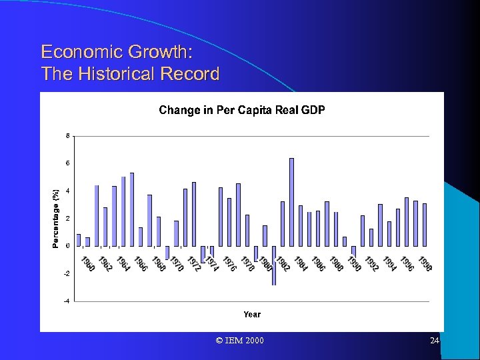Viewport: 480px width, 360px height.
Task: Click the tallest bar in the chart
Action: [x=291, y=201]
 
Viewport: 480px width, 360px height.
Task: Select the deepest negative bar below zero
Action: [x=273, y=265]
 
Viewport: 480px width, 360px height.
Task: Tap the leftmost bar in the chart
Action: [x=79, y=239]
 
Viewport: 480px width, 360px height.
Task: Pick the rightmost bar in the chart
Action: [x=425, y=224]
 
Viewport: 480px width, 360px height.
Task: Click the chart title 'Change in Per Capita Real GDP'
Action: [x=241, y=110]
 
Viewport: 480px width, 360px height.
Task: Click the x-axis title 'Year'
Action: [x=252, y=314]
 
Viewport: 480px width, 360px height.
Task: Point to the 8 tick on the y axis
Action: [x=67, y=136]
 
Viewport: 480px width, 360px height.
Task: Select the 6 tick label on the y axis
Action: [x=67, y=163]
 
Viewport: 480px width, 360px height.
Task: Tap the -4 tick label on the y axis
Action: [x=65, y=301]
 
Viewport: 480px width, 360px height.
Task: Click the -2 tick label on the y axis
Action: [x=65, y=273]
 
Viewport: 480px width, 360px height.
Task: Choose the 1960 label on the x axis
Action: [x=87, y=263]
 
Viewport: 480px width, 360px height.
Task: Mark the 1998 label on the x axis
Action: [x=425, y=263]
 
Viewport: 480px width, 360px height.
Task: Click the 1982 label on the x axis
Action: [x=283, y=263]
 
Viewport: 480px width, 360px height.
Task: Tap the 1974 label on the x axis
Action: [x=212, y=263]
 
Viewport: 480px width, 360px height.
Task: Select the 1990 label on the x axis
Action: [x=354, y=263]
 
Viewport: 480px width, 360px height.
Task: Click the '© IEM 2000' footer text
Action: [x=240, y=341]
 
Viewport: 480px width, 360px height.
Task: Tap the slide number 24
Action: [x=435, y=341]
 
